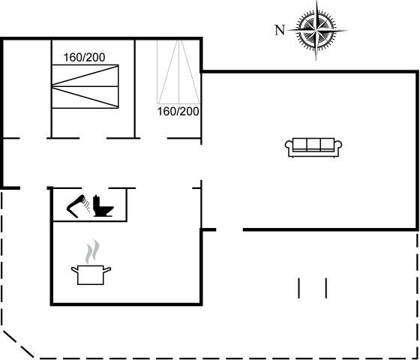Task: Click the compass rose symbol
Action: tap(316, 31)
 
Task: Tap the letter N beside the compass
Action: tap(280, 30)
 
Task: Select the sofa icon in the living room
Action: tap(313, 147)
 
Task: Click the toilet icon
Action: tap(103, 206)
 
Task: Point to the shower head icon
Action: tap(76, 206)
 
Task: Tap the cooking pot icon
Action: tap(91, 274)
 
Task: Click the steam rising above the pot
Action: tap(92, 251)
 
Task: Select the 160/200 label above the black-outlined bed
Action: tap(84, 57)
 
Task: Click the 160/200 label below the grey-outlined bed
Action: tap(178, 112)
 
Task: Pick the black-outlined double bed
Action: tap(85, 86)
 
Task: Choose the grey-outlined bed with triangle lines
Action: tap(178, 72)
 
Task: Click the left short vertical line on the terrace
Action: tap(299, 288)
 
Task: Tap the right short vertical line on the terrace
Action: tap(326, 288)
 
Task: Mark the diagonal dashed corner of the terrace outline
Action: tap(18, 344)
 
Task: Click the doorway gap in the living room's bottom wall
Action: tap(229, 229)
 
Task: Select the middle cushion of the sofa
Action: tap(313, 144)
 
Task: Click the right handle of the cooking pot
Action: tap(107, 270)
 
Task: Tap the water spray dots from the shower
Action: tap(86, 205)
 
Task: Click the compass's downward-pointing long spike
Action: tap(316, 46)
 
